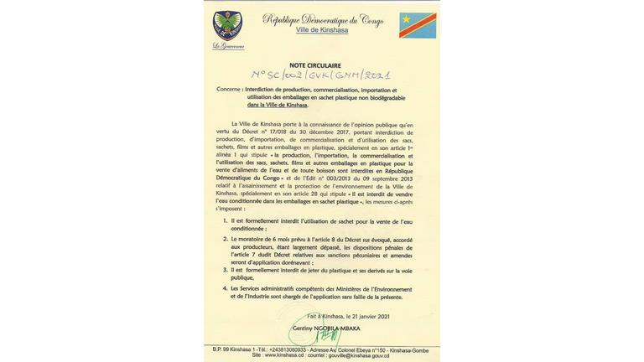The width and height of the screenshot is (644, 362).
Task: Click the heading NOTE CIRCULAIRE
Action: tap(314, 65)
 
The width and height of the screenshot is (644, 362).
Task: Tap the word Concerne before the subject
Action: tap(230, 89)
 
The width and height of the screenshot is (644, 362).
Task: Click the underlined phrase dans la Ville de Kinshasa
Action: tap(278, 105)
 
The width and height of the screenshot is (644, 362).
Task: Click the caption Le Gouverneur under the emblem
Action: tap(228, 46)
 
